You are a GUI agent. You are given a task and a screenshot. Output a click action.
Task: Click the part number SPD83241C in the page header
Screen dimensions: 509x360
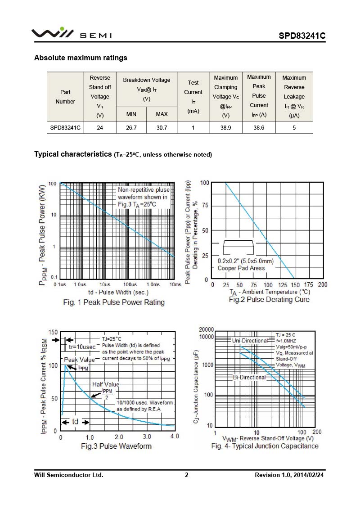coord(301,36)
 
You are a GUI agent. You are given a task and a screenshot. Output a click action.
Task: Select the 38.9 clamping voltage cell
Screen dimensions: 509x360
coord(225,127)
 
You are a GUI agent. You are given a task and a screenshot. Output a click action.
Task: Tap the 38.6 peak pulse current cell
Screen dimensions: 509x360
coord(259,127)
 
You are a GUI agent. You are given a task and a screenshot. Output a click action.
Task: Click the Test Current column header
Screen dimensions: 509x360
coord(193,97)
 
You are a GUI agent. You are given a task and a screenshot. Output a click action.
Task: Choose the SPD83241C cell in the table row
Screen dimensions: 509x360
coord(65,127)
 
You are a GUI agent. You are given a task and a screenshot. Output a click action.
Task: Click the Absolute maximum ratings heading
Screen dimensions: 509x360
coord(81,58)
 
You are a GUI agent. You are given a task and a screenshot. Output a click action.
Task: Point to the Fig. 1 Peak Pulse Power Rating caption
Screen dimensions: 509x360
coord(114,302)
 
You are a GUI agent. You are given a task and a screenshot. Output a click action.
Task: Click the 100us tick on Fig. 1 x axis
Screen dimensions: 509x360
coord(130,285)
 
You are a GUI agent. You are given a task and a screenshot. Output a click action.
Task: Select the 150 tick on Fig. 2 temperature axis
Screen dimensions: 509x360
coord(295,285)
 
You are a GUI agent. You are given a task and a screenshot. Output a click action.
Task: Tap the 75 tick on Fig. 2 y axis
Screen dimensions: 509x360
coord(204,206)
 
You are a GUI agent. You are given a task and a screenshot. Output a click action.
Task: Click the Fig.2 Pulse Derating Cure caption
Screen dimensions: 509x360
coord(269,299)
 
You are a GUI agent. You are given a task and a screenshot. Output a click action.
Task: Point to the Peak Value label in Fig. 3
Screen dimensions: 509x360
coord(79,360)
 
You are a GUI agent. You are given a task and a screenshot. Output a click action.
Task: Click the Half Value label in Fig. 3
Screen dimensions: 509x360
coord(106,384)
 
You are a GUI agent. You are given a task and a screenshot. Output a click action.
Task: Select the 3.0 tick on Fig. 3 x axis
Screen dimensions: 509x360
coord(147,437)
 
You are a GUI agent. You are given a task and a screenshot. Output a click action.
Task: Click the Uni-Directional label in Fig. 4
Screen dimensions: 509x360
coord(250,341)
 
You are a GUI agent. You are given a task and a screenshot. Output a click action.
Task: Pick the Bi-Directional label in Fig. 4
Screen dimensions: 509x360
coord(249,377)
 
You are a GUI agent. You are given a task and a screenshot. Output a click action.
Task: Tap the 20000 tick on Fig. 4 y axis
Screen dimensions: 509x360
coord(206,330)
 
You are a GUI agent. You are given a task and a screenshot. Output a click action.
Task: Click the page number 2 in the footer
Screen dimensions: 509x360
coord(187,475)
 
